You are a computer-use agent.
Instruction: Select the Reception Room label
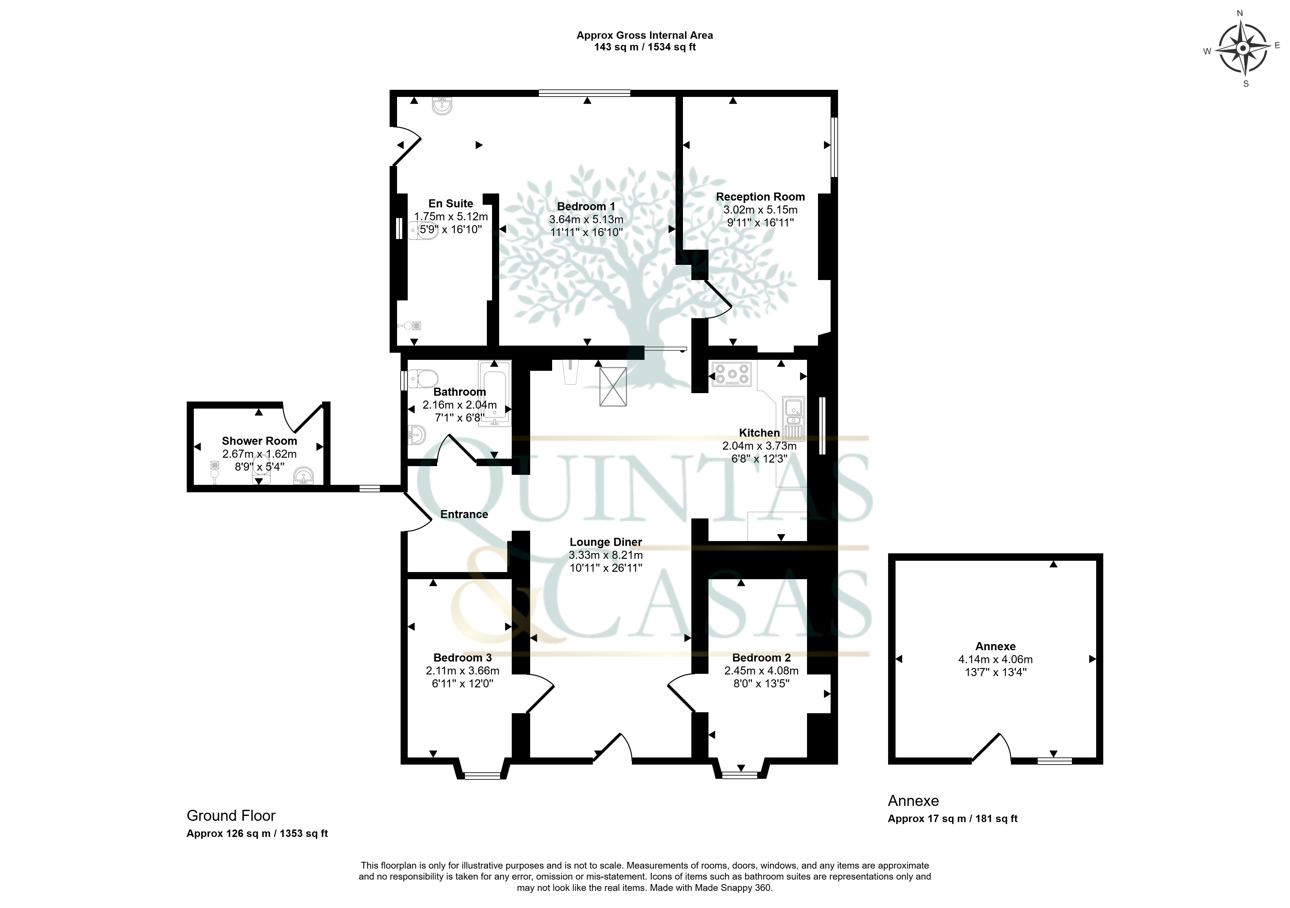pyautogui.click(x=760, y=197)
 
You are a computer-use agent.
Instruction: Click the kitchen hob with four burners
pyautogui.click(x=731, y=374)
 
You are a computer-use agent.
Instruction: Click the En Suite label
pyautogui.click(x=451, y=204)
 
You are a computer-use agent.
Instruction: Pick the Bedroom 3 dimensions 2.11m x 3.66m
pyautogui.click(x=462, y=670)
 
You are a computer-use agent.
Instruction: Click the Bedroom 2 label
pyautogui.click(x=761, y=657)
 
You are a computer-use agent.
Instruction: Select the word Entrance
pyautogui.click(x=464, y=514)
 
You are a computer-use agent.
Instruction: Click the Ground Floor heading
pyautogui.click(x=231, y=815)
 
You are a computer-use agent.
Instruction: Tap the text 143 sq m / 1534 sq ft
pyautogui.click(x=645, y=47)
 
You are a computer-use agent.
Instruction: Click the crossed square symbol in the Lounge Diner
pyautogui.click(x=613, y=387)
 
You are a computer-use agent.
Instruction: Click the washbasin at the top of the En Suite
pyautogui.click(x=442, y=106)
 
